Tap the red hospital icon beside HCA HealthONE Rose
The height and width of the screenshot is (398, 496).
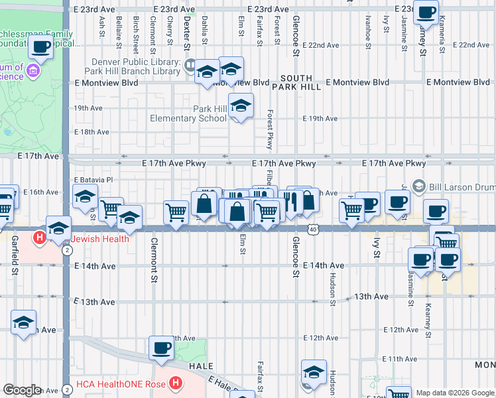click(x=175, y=383)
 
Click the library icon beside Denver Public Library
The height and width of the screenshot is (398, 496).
click(x=190, y=65)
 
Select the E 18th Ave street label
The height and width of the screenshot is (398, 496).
click(x=92, y=132)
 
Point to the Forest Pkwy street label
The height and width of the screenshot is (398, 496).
click(x=271, y=129)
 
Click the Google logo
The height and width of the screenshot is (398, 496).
click(x=22, y=390)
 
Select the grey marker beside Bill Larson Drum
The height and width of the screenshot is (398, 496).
click(x=418, y=186)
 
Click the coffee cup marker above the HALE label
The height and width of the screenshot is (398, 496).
click(x=161, y=347)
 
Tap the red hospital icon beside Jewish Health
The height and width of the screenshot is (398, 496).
click(x=41, y=237)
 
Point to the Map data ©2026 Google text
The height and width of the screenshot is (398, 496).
click(x=455, y=393)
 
